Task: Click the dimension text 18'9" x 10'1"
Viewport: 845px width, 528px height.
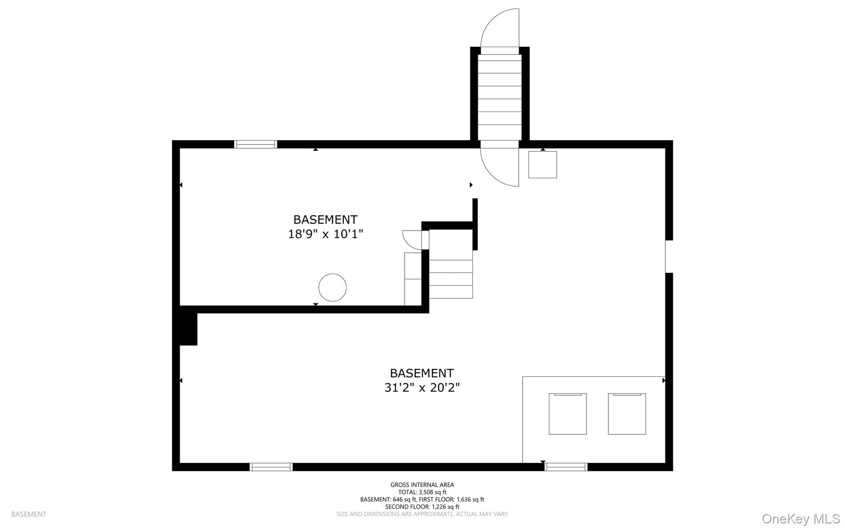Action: [325, 234]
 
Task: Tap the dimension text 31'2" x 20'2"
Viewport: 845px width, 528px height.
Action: [422, 388]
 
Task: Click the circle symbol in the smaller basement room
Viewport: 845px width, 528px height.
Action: [332, 287]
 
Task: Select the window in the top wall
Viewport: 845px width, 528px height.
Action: [255, 144]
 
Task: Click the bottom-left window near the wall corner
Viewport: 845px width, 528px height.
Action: [271, 467]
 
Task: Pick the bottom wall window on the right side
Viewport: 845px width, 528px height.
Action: [566, 467]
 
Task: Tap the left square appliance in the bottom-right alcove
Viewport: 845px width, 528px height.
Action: [567, 414]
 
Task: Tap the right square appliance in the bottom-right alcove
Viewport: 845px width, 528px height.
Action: [627, 414]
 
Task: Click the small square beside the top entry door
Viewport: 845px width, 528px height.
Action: [543, 165]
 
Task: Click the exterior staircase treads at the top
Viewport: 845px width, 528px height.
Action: [500, 93]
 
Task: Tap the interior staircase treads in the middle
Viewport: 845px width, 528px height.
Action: [451, 279]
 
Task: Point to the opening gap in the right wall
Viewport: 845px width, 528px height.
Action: [669, 256]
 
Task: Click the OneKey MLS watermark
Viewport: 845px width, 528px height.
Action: [800, 519]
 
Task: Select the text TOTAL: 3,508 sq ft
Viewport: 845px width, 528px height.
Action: [422, 492]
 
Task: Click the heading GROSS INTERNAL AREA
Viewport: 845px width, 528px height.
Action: [422, 485]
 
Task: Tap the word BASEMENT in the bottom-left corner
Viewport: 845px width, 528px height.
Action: [29, 514]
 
